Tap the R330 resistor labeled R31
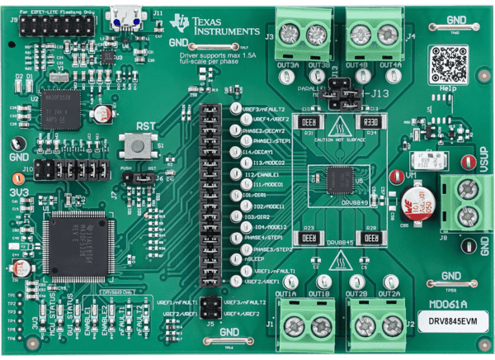pos(315,122)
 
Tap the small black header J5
pos(210,308)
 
